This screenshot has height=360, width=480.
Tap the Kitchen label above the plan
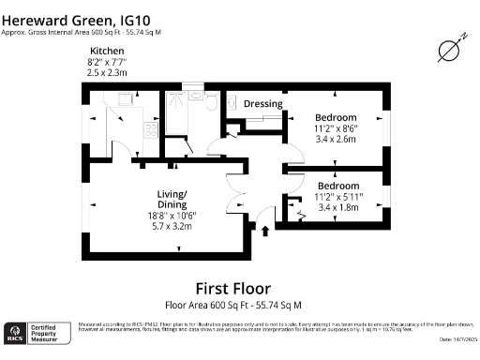[x=107, y=51]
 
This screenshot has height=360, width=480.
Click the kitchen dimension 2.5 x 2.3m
[x=107, y=71]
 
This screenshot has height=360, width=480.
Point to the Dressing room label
[x=263, y=103]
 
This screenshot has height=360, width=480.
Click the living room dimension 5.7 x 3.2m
[x=172, y=225]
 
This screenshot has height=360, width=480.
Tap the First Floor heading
[x=232, y=288]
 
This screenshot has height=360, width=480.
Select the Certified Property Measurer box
[x=47, y=334]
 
